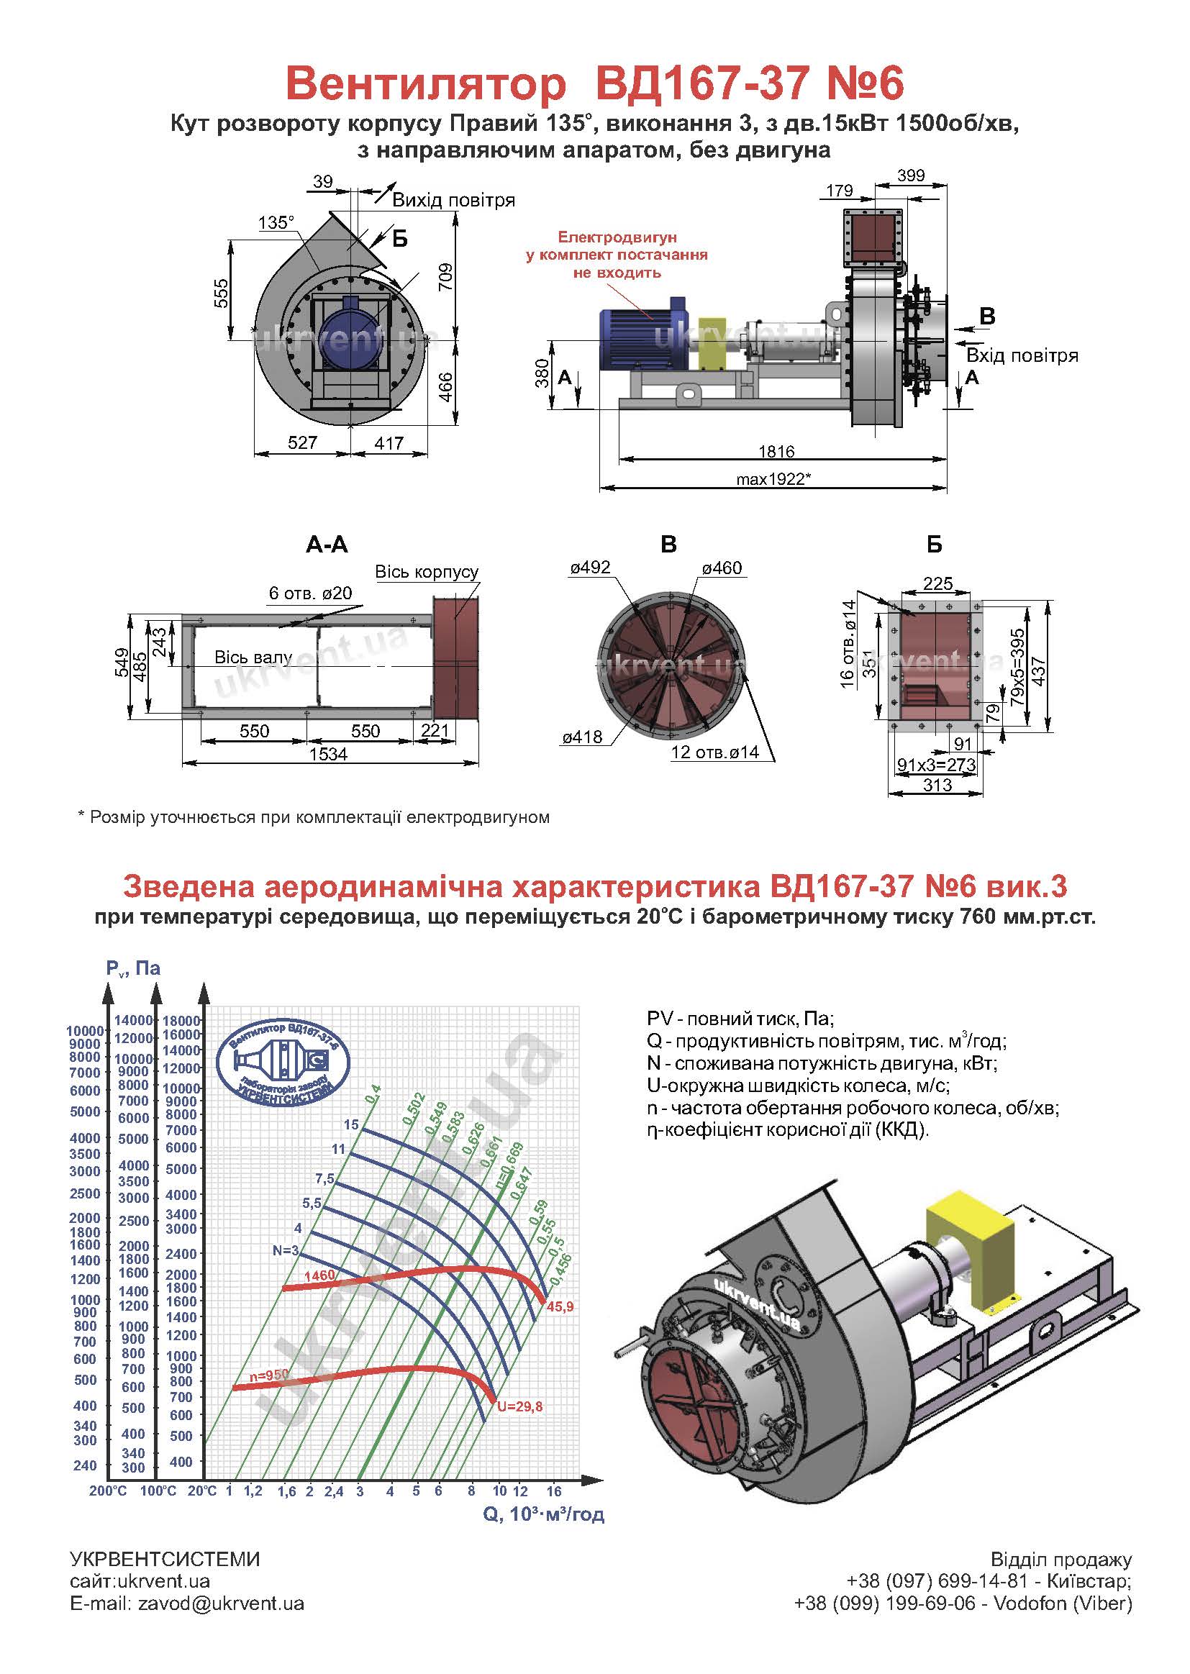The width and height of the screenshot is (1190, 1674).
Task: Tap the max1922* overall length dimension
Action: (x=774, y=480)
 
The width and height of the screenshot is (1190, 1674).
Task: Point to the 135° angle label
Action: (x=276, y=223)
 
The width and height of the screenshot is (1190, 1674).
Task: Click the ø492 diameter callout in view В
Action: (x=591, y=568)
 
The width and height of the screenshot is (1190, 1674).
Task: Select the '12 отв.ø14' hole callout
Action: (x=714, y=752)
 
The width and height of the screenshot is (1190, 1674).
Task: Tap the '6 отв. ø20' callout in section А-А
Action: (x=311, y=593)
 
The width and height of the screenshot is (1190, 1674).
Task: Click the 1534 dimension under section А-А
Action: (x=328, y=754)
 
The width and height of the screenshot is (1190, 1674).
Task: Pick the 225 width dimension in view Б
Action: (x=938, y=583)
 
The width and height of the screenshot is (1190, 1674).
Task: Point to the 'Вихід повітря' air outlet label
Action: (x=453, y=200)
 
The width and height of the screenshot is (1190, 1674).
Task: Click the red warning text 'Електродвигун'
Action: (x=617, y=237)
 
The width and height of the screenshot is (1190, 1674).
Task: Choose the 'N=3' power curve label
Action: (x=286, y=1250)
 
